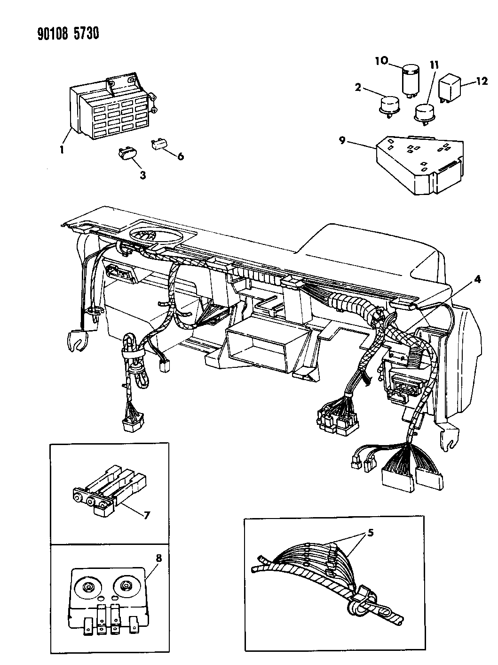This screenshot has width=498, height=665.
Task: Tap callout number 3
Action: coord(142,175)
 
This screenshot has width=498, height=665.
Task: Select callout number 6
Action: coord(181,156)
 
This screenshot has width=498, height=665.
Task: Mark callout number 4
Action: coord(477,279)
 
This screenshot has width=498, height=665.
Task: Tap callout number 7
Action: coord(147,515)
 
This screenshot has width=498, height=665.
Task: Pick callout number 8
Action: coord(158,559)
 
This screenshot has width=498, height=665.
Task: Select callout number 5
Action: coord(371,534)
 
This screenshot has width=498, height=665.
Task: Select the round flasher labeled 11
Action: coord(424,112)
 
